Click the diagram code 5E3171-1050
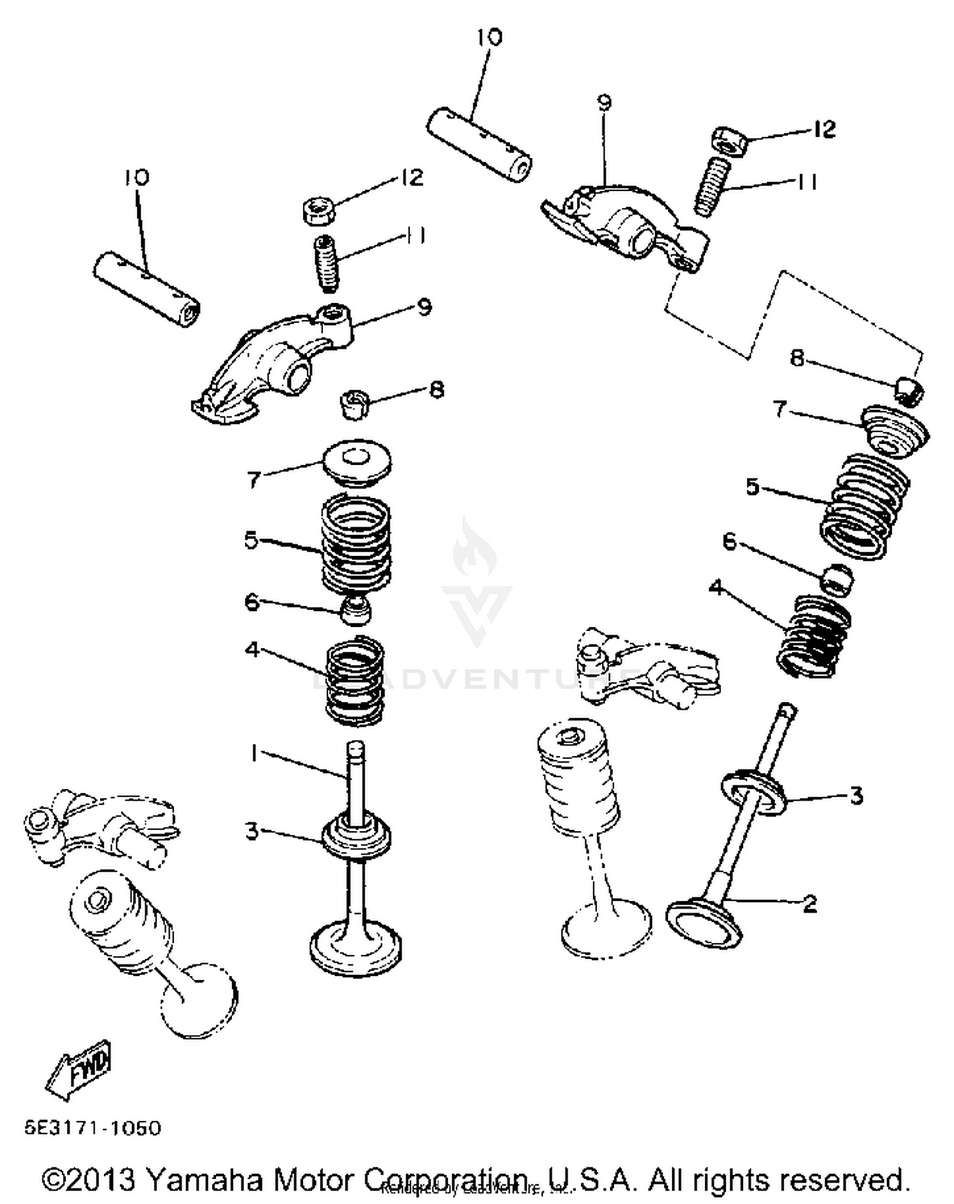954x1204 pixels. tap(93, 1128)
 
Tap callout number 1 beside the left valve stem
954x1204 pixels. tap(254, 754)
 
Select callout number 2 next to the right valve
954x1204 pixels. tap(810, 903)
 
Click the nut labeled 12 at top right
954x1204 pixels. tap(728, 140)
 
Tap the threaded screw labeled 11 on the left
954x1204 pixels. tap(327, 263)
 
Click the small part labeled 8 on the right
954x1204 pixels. tap(910, 390)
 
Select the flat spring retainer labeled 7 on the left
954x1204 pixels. tap(356, 462)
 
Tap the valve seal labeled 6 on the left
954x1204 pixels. tap(356, 609)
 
